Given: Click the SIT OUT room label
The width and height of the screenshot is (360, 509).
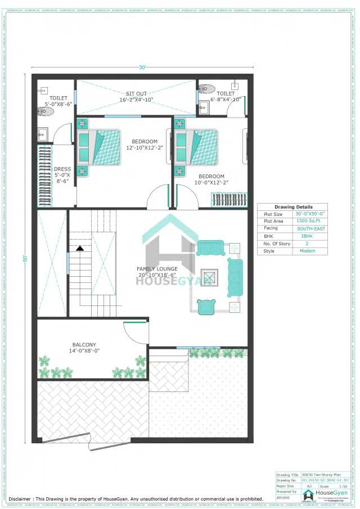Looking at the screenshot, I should pyautogui.click(x=136, y=93).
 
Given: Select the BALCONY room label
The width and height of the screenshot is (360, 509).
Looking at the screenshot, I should pyautogui.click(x=84, y=345).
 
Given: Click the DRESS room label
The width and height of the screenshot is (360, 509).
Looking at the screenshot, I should pyautogui.click(x=62, y=169).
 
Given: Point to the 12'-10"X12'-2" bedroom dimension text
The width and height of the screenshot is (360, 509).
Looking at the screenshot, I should pyautogui.click(x=145, y=148).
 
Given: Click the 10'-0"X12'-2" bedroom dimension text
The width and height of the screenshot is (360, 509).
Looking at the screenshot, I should pyautogui.click(x=211, y=182).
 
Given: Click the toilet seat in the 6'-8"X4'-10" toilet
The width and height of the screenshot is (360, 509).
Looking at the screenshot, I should pyautogui.click(x=207, y=88).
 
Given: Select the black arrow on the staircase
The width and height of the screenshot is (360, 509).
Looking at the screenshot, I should pyautogui.click(x=80, y=247).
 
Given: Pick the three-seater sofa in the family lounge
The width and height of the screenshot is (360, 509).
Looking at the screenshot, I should pyautogui.click(x=234, y=277).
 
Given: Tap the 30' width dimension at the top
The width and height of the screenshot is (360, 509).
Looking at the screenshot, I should pyautogui.click(x=143, y=67).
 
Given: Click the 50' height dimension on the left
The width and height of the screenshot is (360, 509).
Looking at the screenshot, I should pyautogui.click(x=25, y=258).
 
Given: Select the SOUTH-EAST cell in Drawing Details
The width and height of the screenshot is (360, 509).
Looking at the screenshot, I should pyautogui.click(x=310, y=229).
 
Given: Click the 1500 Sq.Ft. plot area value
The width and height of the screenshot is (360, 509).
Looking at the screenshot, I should pyautogui.click(x=310, y=222).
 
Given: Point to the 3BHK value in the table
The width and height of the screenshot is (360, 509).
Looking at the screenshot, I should pyautogui.click(x=310, y=236).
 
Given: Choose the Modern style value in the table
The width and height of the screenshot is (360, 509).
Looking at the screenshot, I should pyautogui.click(x=310, y=251).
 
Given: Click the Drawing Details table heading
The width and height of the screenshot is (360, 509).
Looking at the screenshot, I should pyautogui.click(x=293, y=207).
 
